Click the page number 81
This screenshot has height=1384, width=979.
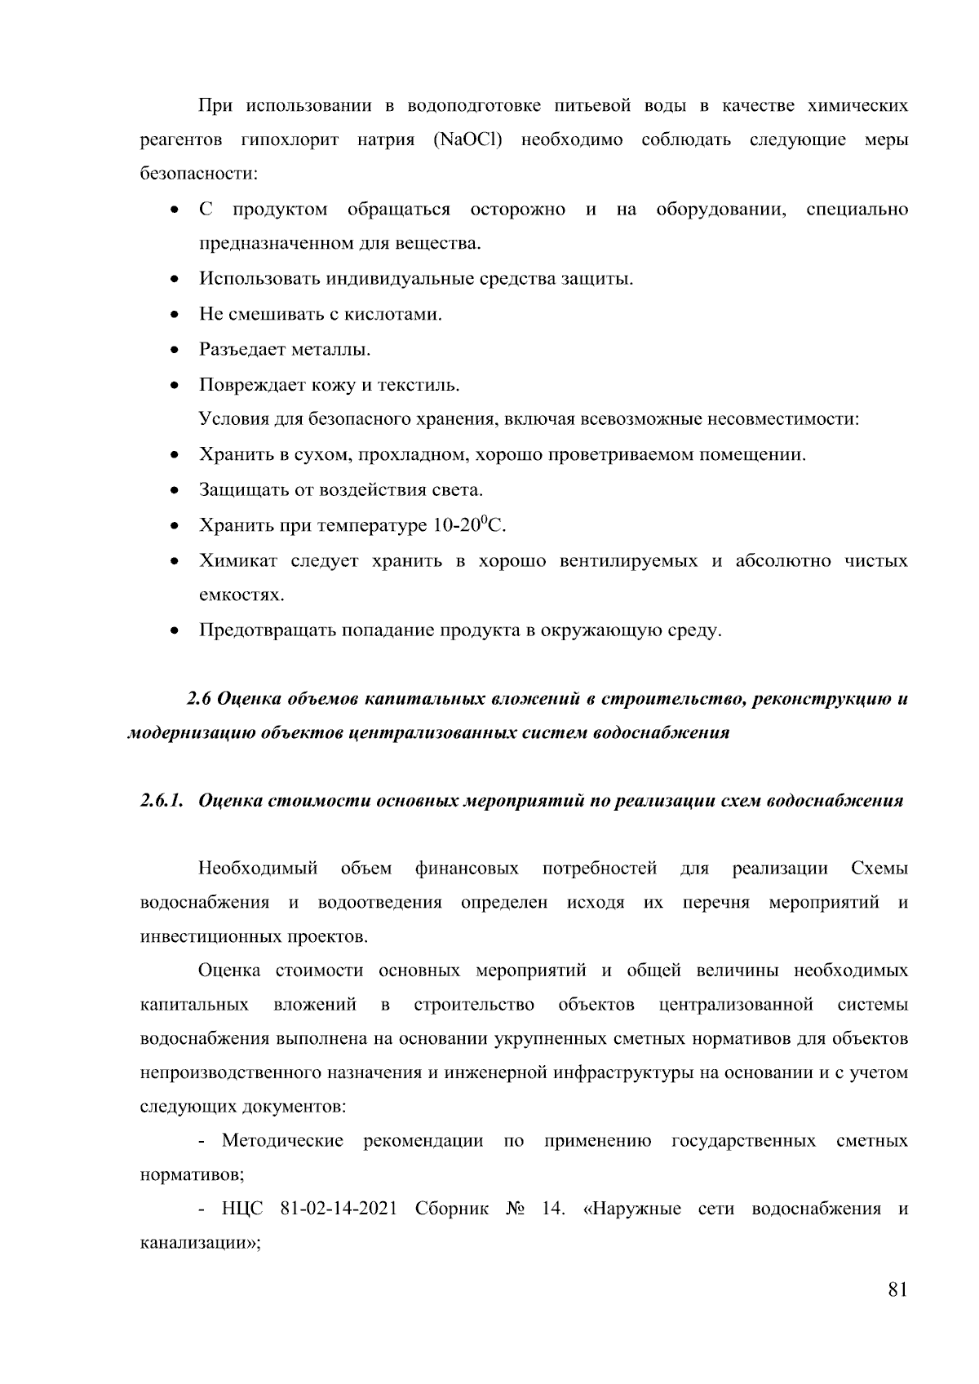tap(897, 1289)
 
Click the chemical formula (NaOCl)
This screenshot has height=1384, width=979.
tap(464, 140)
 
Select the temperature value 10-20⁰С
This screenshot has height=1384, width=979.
tap(468, 525)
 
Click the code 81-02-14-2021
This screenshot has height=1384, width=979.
tap(338, 1208)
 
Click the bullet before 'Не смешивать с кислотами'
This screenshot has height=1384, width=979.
tap(175, 315)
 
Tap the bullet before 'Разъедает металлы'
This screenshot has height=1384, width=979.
tap(175, 351)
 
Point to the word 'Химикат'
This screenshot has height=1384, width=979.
tap(238, 561)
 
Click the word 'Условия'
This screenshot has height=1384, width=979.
tap(232, 420)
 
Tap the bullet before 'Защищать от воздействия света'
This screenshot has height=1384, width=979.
tap(175, 491)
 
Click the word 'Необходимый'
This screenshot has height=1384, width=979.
tap(258, 869)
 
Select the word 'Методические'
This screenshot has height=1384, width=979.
tap(282, 1140)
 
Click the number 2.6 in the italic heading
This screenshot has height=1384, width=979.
tap(199, 699)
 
